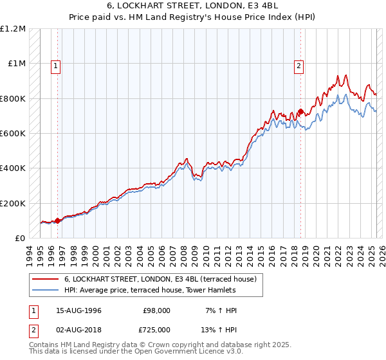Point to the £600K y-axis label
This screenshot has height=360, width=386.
pos(13,134)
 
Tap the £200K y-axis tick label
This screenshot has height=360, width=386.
pos(13,203)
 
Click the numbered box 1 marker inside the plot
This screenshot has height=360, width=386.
pos(56,65)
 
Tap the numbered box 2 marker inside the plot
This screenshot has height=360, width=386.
pos(300,65)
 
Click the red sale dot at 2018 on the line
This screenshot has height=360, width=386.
pos(300,112)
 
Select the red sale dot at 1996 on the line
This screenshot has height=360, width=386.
pos(57,221)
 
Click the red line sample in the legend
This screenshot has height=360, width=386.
pos(45,279)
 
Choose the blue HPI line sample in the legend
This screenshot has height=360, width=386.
pos(45,290)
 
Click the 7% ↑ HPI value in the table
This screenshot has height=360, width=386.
pos(219,310)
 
